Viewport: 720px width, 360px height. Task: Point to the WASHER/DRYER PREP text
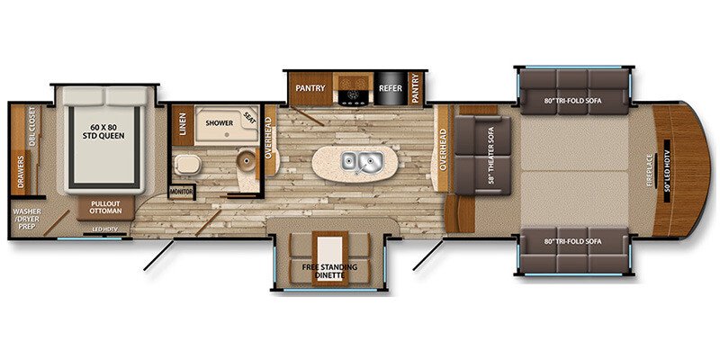27,218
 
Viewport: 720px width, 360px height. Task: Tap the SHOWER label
220,121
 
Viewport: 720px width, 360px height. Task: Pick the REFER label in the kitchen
389,88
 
